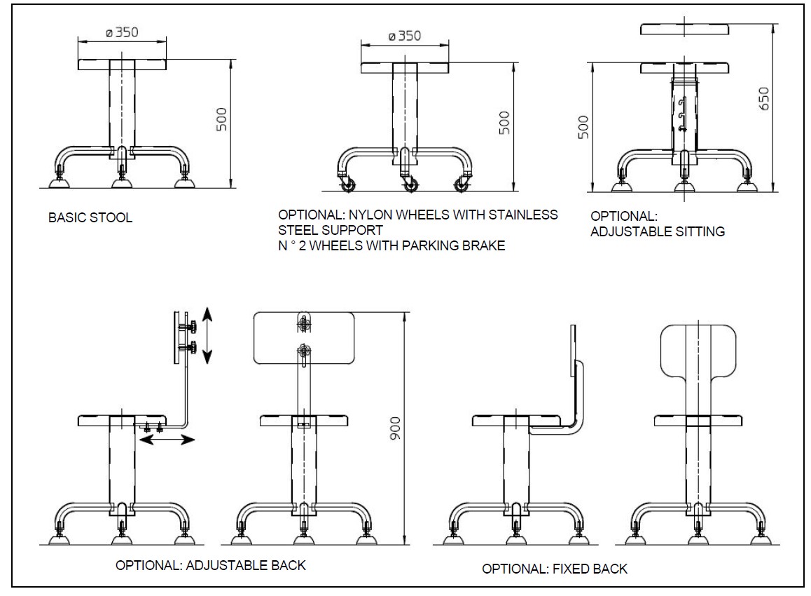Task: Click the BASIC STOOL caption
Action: point(90,217)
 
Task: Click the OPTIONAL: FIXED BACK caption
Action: point(555,569)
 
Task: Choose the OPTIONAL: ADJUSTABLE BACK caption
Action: point(211,564)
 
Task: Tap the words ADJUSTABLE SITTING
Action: point(658,231)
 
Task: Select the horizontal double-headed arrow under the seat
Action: point(167,440)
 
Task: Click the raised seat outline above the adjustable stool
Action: point(686,29)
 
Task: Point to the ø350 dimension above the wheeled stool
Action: point(405,36)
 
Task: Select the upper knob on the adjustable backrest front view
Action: point(304,323)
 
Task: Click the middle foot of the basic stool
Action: point(123,182)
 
